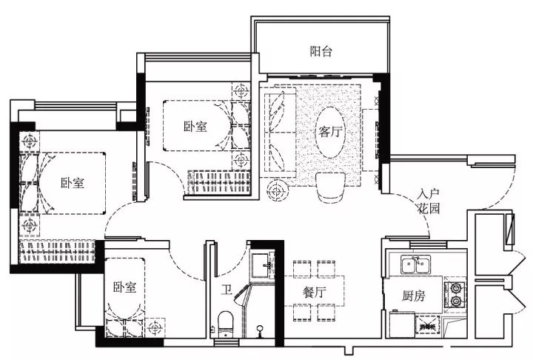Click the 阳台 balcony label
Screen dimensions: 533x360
click(x=321, y=51)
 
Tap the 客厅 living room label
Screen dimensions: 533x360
click(x=329, y=131)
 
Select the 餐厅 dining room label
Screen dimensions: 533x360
click(x=315, y=292)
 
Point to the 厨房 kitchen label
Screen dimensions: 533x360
click(x=413, y=296)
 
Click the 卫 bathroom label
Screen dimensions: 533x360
click(x=227, y=290)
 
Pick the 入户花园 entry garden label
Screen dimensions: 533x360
click(x=429, y=201)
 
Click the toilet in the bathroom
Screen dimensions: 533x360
click(x=225, y=324)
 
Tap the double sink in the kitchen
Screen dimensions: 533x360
click(x=415, y=264)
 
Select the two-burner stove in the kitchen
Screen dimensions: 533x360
click(x=455, y=295)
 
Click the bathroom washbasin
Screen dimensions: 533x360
click(x=262, y=265)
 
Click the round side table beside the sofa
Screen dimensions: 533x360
click(x=278, y=190)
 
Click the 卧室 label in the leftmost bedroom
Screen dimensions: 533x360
click(x=73, y=183)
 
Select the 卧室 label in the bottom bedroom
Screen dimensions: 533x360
click(x=125, y=287)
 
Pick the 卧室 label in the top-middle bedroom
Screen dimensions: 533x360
click(x=195, y=127)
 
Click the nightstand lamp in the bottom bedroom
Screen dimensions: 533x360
click(x=155, y=327)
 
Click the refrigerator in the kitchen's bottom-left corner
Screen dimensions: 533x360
click(x=403, y=324)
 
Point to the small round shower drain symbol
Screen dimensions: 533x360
click(x=260, y=329)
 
